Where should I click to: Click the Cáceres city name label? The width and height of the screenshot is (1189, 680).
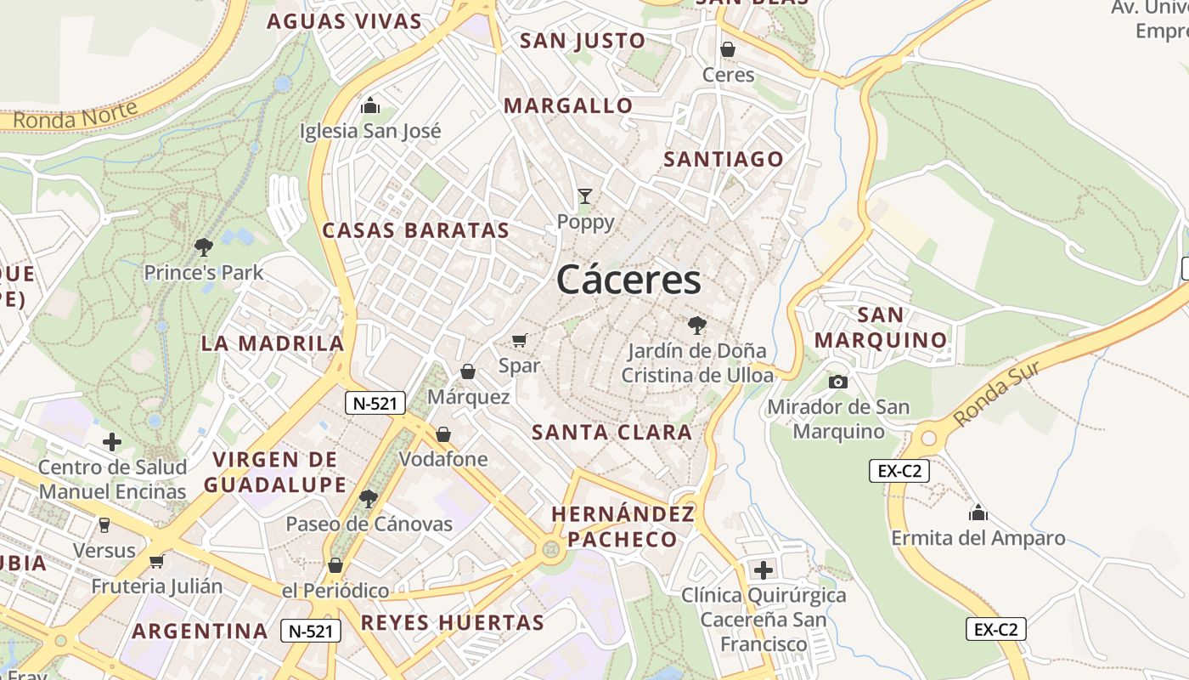coord(629,280)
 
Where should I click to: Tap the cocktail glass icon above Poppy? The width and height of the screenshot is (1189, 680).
coord(585,196)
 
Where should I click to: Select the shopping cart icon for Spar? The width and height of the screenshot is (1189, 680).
coord(520,341)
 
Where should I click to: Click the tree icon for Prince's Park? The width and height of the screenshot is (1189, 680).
coord(203,247)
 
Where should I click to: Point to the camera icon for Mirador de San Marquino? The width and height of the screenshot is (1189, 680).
coord(838,382)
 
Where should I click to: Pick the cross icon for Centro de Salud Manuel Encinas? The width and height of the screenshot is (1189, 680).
coord(112,442)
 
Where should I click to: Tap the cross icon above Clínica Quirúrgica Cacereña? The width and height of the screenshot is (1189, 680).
coord(764,569)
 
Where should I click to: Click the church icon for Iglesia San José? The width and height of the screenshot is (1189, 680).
coord(370,105)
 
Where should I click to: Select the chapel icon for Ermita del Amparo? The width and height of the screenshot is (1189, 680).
coord(978,513)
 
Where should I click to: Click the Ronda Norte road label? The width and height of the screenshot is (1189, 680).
coord(76,116)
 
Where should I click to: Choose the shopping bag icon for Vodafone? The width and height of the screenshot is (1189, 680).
coord(443,434)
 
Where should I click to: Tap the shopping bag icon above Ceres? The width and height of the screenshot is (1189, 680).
coord(728,49)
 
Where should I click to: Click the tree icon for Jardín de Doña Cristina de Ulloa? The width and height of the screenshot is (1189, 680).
coord(697,325)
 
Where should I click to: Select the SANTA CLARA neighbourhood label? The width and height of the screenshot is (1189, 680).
coord(611,432)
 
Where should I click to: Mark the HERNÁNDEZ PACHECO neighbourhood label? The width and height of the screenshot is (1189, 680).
coord(623,526)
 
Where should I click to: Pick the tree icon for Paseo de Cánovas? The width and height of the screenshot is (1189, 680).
coord(369,498)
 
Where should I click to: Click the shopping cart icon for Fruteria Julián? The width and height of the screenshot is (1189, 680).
coord(156,561)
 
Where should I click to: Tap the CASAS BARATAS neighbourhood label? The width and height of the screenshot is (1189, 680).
coord(415,230)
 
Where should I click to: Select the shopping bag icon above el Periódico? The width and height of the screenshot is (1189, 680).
coord(335,565)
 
